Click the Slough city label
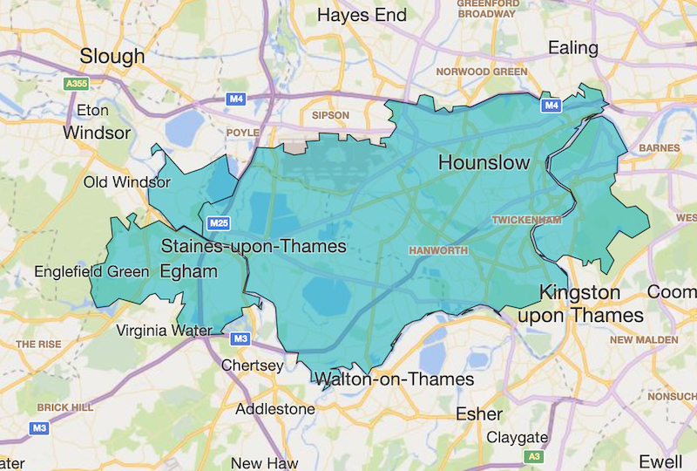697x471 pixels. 112,57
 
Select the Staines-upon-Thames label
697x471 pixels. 254,247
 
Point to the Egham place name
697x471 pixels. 188,271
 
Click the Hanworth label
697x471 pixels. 439,251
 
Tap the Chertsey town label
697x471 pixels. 253,365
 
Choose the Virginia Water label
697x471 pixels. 163,331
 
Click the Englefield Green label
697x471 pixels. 91,271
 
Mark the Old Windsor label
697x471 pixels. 127,182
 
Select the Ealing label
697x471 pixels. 572,48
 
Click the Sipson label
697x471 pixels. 330,115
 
